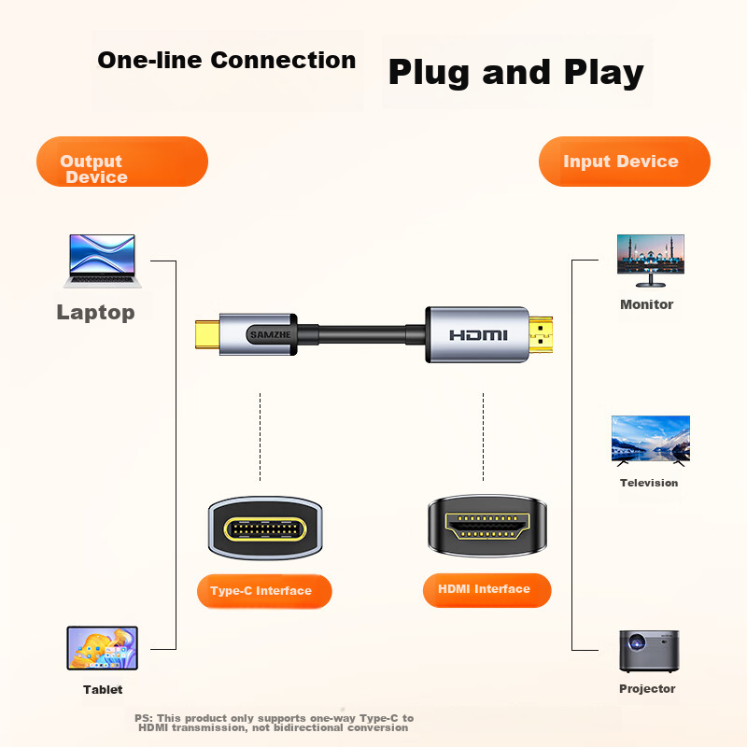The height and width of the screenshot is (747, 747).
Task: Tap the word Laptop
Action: pos(95,313)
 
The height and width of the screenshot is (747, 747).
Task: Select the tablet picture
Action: pos(102,648)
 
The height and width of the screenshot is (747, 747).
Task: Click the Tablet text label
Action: pos(102,690)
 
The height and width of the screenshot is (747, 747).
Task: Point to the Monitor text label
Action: pos(646,304)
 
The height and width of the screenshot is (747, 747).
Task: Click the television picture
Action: pos(650,440)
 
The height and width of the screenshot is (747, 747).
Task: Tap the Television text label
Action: pos(649,483)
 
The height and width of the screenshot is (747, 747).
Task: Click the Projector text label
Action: pos(647,689)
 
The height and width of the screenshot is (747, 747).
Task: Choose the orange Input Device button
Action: pos(624,162)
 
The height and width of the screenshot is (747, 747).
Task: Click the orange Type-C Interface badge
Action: pos(264,591)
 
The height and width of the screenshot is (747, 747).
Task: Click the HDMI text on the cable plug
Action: pos(478,334)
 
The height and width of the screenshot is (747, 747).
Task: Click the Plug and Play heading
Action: pos(515,73)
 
